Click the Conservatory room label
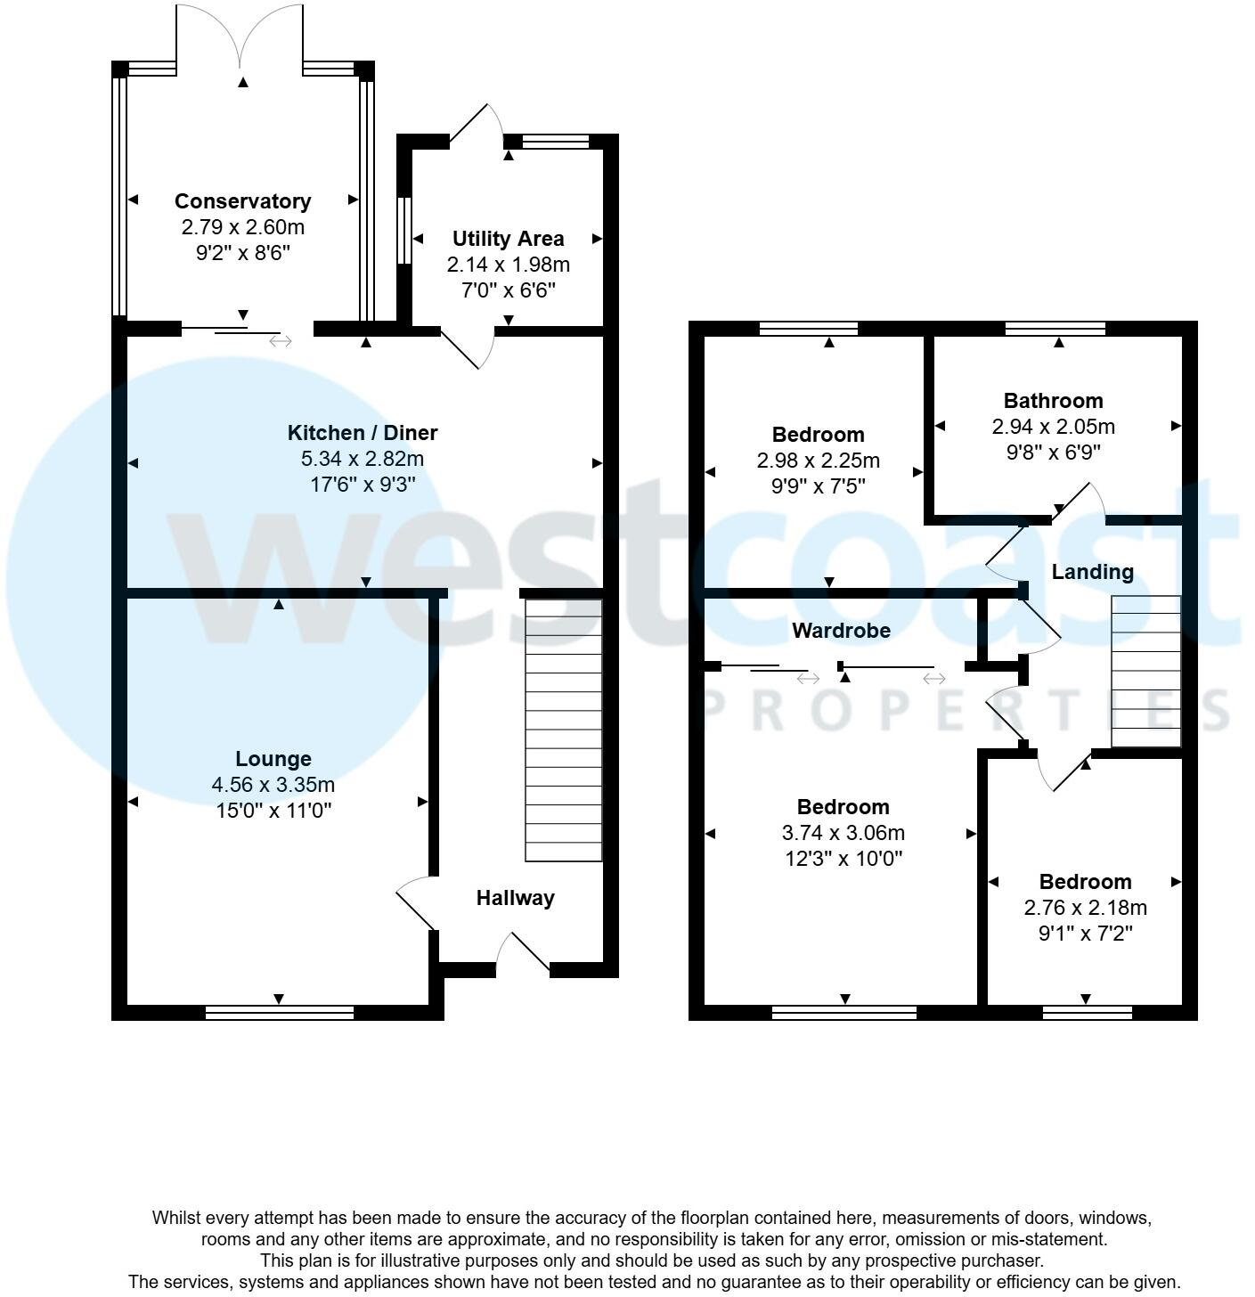click(x=242, y=201)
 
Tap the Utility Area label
click(x=508, y=239)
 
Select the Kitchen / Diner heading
click(x=363, y=433)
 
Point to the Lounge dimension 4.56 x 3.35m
click(x=273, y=785)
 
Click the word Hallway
click(x=515, y=898)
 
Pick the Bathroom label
click(x=1053, y=401)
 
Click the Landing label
click(x=1092, y=572)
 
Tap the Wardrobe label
click(x=841, y=631)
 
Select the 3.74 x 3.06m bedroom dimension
click(x=843, y=833)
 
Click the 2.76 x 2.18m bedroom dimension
click(x=1085, y=908)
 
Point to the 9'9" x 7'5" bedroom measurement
click(x=818, y=486)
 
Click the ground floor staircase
click(x=563, y=730)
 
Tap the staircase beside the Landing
click(x=1145, y=672)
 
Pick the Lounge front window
click(x=280, y=1012)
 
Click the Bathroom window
click(x=1055, y=329)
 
